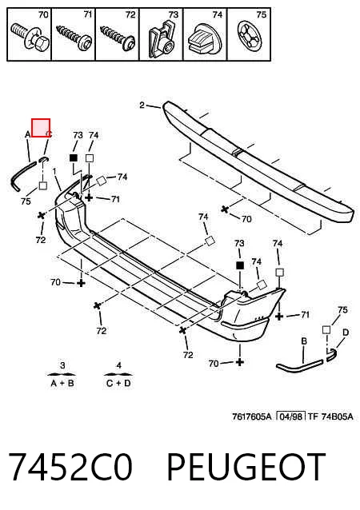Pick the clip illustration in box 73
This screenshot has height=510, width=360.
click(x=162, y=39)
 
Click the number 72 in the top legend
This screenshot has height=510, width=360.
click(x=130, y=14)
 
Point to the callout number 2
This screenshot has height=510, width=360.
click(x=142, y=105)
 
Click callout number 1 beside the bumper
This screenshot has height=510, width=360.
click(x=54, y=171)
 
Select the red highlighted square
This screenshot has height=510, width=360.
click(x=41, y=128)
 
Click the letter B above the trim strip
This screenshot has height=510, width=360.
click(x=304, y=341)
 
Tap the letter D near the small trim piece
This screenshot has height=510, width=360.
click(x=346, y=333)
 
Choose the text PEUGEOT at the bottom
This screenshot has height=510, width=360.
click(x=246, y=467)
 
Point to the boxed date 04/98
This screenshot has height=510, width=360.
click(x=290, y=416)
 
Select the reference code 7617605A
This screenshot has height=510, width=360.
click(x=251, y=416)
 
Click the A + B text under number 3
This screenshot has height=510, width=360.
click(x=62, y=384)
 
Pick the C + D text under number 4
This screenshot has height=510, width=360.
click(x=118, y=384)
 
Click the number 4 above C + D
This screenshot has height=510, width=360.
click(x=119, y=365)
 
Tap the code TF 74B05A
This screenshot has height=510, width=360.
click(x=330, y=416)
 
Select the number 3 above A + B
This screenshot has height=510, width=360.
click(x=62, y=365)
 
